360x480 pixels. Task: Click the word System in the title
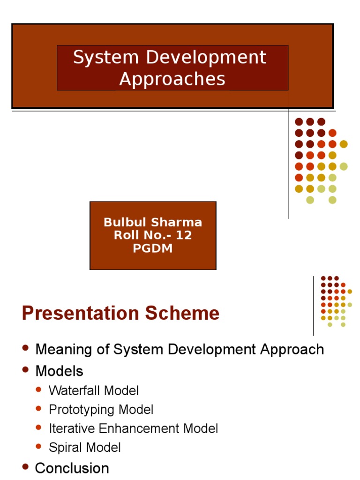(106, 57)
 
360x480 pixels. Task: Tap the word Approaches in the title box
(172, 79)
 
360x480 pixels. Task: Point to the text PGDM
(153, 248)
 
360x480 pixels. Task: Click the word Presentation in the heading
(81, 313)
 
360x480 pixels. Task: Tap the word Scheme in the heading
(182, 313)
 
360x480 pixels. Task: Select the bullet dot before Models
(25, 369)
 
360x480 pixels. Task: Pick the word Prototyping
(82, 410)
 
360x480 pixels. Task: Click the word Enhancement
(139, 428)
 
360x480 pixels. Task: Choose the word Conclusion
(72, 468)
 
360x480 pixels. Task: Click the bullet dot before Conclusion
(25, 466)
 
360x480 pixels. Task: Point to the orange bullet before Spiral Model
(38, 446)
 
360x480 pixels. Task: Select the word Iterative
(72, 428)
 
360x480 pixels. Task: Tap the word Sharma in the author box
(177, 222)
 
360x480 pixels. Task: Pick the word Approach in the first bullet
(292, 350)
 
